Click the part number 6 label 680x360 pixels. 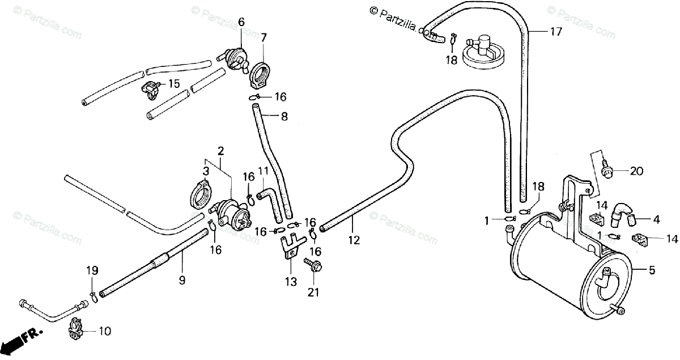point(241,23)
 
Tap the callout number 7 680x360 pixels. point(263,37)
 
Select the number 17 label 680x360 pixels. point(556,32)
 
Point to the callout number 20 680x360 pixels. point(637,171)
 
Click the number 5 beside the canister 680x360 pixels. point(652,270)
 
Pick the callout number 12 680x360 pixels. point(354,240)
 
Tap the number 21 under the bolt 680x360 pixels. point(313,293)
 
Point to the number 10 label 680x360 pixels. point(105,331)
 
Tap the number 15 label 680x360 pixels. point(173,84)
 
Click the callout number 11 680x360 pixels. point(263,171)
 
